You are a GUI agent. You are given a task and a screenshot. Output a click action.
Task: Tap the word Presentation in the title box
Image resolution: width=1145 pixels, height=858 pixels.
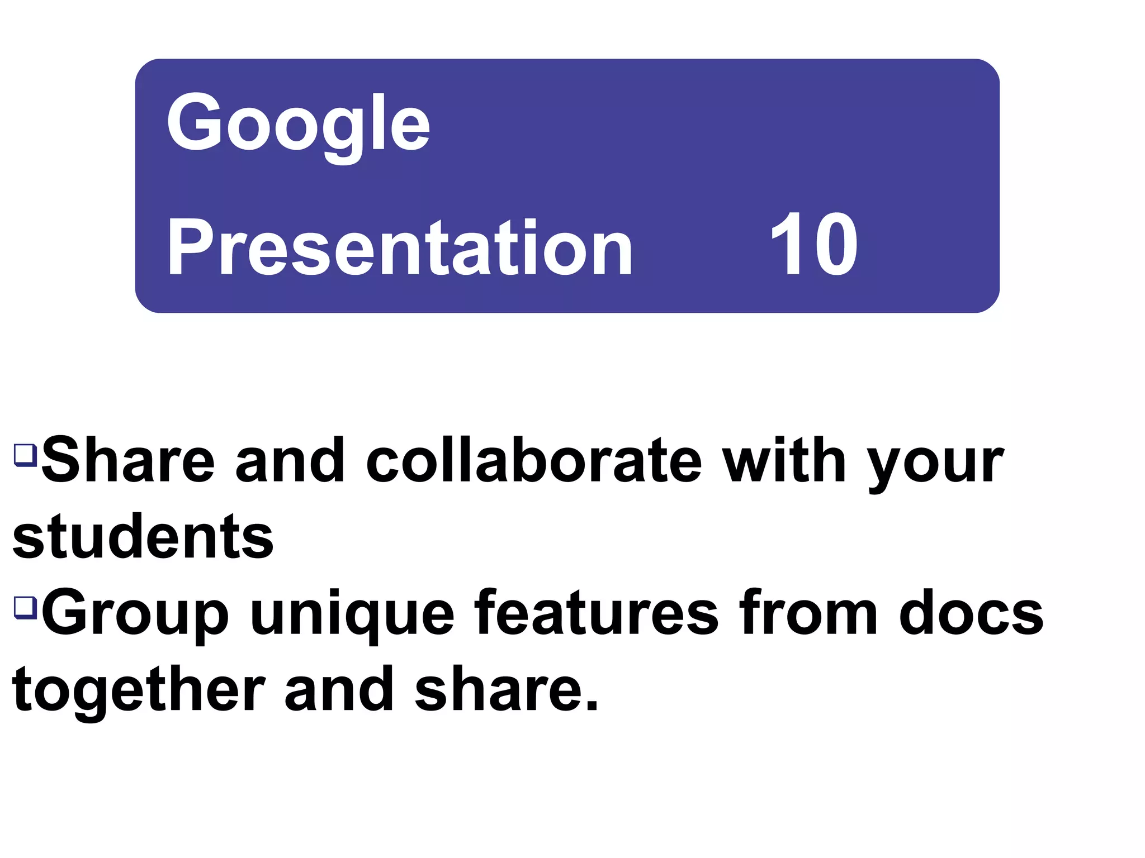400,247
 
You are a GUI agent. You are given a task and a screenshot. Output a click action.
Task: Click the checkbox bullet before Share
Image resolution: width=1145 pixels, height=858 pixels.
26,455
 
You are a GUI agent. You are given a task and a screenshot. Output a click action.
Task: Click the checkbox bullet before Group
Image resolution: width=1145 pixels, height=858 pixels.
26,607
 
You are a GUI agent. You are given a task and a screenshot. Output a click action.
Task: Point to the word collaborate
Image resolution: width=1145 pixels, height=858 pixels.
533,461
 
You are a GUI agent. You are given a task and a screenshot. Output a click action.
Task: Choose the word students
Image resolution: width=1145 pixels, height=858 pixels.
143,537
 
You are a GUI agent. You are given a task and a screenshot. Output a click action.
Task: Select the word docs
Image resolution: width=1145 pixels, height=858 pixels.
971,613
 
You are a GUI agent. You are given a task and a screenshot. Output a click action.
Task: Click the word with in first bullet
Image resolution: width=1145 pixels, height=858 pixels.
784,461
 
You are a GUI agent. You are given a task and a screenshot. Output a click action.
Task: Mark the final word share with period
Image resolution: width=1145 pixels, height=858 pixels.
507,690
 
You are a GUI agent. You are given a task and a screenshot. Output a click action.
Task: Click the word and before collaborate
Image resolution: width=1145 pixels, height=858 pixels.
290,461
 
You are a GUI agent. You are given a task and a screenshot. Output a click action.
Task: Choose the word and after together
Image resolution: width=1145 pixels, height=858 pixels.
339,690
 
